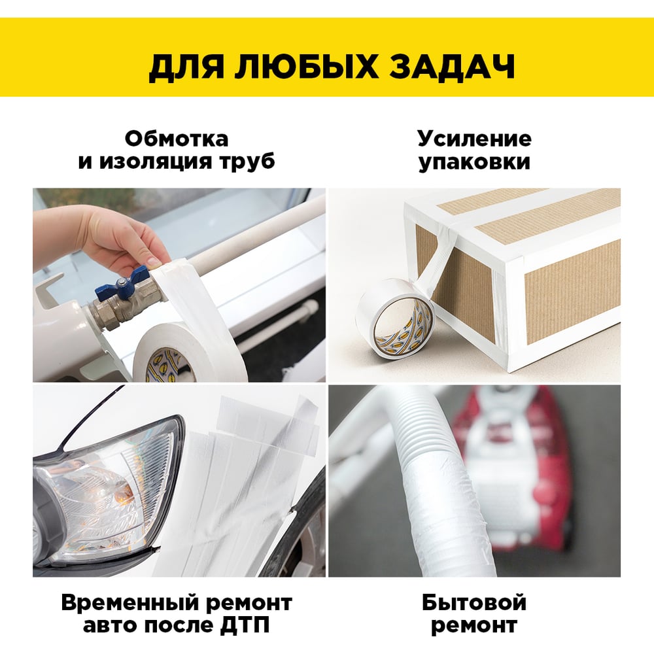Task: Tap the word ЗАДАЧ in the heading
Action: [452, 67]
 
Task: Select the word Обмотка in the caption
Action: [177, 139]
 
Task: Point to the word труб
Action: [244, 162]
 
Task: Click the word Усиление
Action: [474, 139]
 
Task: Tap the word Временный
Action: [129, 603]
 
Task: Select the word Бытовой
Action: [474, 603]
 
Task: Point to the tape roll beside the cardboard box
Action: [394, 318]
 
